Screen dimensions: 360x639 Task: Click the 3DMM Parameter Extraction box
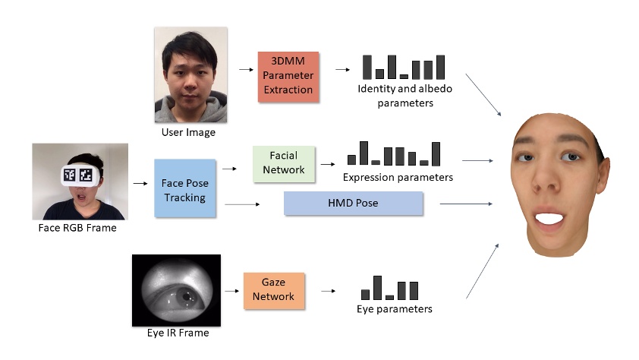tap(288, 77)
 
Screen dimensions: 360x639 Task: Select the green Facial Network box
tap(284, 162)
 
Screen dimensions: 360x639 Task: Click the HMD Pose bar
tap(353, 204)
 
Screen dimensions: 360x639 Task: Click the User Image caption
tap(188, 132)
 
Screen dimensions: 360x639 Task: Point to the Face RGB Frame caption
tap(78, 227)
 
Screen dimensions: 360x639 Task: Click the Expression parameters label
tap(398, 178)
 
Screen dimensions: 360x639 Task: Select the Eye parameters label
tap(394, 309)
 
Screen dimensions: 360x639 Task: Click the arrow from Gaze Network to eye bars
tap(328, 290)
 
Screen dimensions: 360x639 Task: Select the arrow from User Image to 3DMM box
tap(245, 70)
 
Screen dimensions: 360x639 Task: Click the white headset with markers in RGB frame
tap(80, 175)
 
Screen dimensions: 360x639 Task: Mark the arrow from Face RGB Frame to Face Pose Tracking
tap(140, 183)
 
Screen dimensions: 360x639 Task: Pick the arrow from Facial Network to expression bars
tap(328, 163)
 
